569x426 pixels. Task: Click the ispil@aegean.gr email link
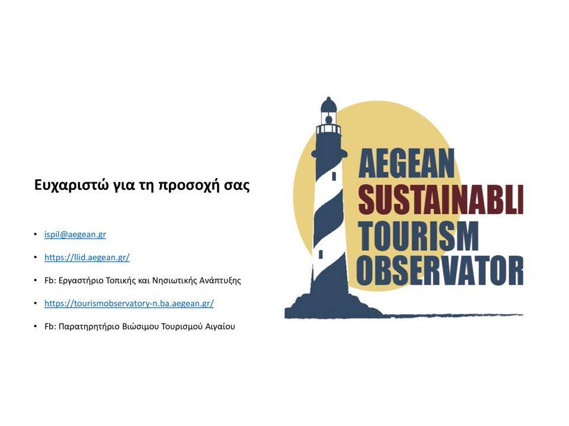(75, 234)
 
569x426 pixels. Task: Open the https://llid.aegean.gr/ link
(87, 257)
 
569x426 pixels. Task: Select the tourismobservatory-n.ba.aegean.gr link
(129, 304)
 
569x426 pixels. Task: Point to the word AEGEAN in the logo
(406, 164)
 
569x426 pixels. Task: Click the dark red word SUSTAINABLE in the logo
(440, 199)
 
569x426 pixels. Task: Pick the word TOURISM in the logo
(418, 236)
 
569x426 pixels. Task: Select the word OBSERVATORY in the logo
(440, 270)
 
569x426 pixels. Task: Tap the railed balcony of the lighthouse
(329, 130)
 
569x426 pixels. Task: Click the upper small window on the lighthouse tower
(334, 176)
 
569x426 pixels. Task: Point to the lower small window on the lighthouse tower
(321, 254)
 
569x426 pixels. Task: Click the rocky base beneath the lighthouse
(327, 306)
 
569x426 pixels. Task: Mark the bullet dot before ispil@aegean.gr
(36, 234)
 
